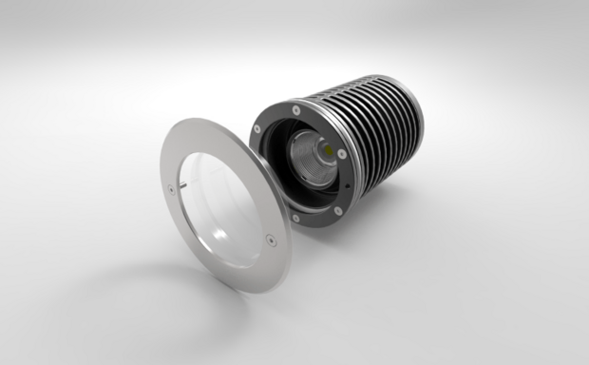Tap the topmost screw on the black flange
click(298, 110)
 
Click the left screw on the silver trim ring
click(172, 188)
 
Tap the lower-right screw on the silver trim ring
click(270, 240)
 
